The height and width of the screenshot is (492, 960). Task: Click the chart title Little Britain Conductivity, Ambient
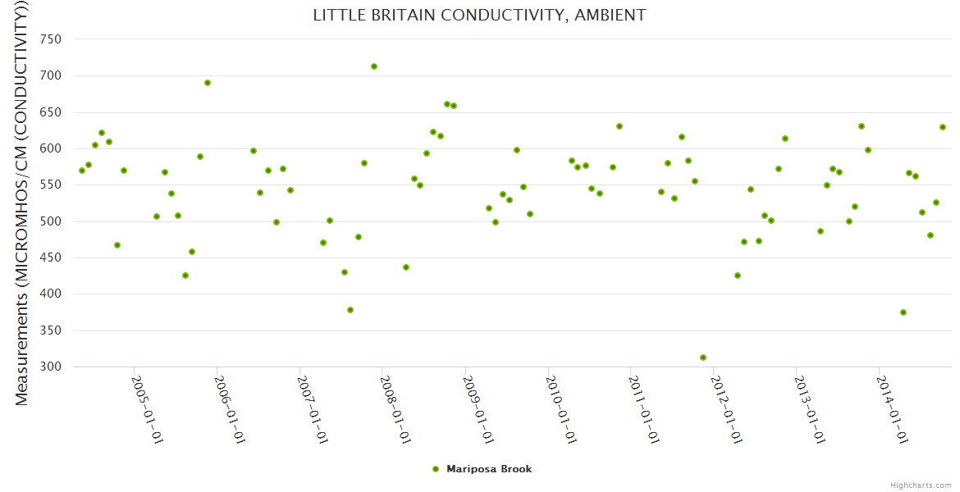click(x=479, y=16)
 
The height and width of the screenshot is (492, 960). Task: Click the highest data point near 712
click(x=374, y=66)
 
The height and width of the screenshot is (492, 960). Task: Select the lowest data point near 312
click(x=703, y=358)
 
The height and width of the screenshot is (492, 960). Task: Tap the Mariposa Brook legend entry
click(x=489, y=469)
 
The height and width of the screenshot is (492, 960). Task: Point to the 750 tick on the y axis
click(x=51, y=39)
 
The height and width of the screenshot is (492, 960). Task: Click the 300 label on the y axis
click(x=51, y=367)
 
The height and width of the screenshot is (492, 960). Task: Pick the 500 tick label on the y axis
click(x=51, y=221)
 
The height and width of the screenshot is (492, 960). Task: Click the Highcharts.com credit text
click(x=921, y=485)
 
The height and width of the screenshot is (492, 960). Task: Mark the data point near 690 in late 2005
click(x=208, y=83)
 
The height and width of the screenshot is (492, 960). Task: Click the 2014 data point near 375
click(x=903, y=312)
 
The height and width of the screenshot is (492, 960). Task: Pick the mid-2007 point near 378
click(x=350, y=310)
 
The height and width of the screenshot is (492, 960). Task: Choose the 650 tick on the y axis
click(x=51, y=112)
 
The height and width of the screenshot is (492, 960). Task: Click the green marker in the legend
click(x=436, y=469)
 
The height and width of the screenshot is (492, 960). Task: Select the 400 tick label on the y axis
click(x=51, y=294)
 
